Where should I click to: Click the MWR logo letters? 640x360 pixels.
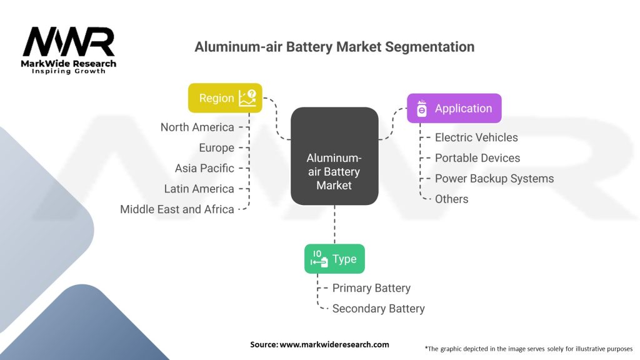[x=69, y=42]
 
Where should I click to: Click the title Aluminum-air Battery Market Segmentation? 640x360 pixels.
[x=334, y=47]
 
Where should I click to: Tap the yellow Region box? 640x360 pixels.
[x=225, y=98]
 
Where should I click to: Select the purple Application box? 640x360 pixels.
[x=454, y=108]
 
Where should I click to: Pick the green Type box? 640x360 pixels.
[x=334, y=259]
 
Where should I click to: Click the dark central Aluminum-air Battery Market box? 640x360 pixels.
[x=334, y=156]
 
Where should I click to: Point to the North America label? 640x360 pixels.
[x=197, y=127]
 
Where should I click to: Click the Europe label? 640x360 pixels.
[x=216, y=147]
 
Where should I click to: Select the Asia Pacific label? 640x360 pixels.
[x=204, y=168]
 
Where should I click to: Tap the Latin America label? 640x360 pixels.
[x=199, y=189]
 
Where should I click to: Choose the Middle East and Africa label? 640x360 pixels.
[x=177, y=209]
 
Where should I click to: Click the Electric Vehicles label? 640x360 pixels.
[x=476, y=137]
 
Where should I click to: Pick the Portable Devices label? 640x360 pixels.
[x=477, y=158]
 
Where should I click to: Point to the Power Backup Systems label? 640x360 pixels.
[x=494, y=179]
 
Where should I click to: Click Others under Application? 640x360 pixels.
[x=451, y=199]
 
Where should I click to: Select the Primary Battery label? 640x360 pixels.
[x=371, y=288]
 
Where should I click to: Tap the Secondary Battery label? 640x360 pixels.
[x=378, y=309]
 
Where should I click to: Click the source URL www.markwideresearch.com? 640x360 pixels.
[x=334, y=344]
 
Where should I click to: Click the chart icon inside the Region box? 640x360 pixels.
[x=247, y=98]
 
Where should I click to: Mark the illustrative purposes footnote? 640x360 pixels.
[x=529, y=349]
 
